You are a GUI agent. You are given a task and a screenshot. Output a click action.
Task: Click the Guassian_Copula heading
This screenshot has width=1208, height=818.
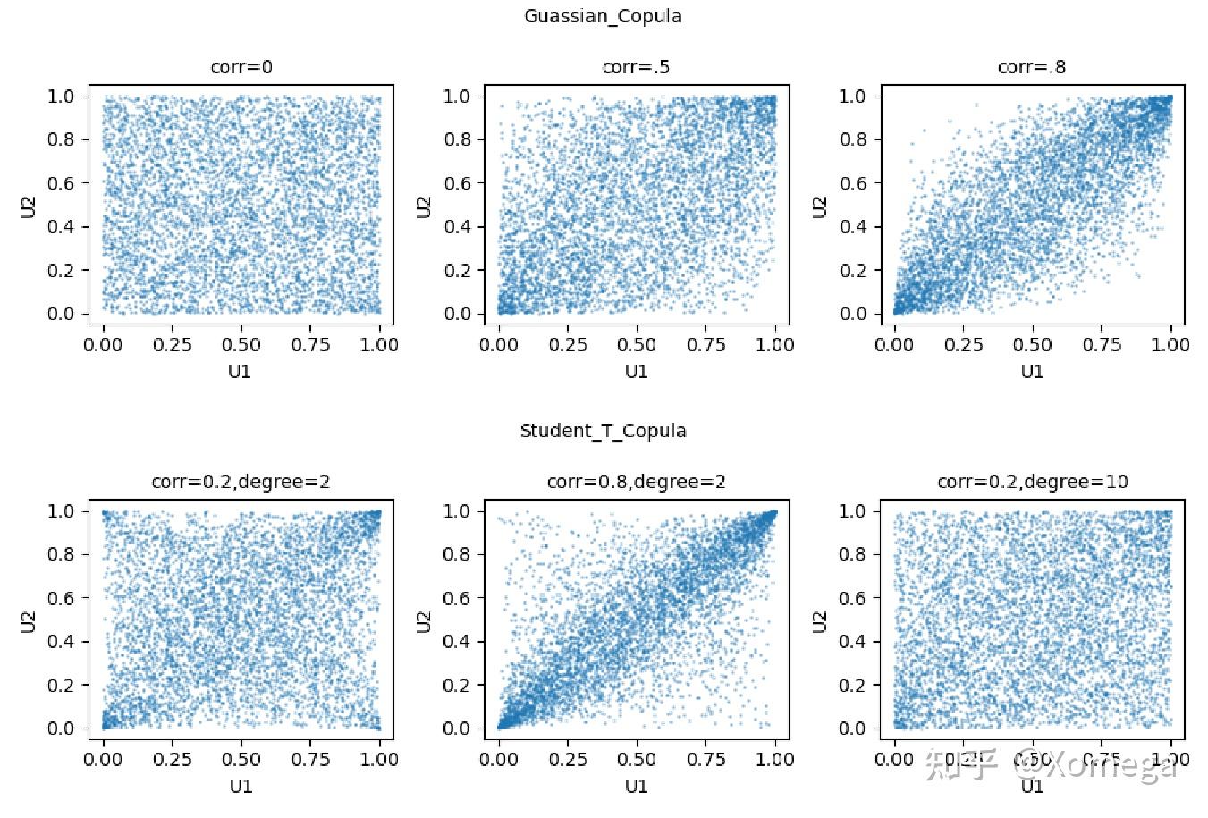tap(603, 16)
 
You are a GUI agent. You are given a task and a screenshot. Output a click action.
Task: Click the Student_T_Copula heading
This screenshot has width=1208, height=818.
tap(603, 431)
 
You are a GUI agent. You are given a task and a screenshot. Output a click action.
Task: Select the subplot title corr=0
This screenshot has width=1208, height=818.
tap(241, 67)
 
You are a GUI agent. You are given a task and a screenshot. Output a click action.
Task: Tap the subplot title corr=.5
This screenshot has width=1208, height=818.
tap(636, 67)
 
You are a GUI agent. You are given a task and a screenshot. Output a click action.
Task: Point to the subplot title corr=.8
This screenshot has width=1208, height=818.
tap(1032, 67)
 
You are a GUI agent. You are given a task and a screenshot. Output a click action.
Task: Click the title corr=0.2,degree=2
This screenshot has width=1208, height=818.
tap(241, 482)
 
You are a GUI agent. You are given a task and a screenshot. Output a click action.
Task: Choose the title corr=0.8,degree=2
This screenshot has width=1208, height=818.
tap(636, 482)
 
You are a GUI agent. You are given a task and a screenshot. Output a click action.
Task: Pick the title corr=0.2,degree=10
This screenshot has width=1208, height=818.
tap(1032, 482)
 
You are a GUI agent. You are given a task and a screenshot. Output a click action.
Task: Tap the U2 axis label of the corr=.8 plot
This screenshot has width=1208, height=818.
tap(821, 206)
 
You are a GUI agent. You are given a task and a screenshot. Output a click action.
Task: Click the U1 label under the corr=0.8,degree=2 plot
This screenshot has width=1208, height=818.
tap(636, 786)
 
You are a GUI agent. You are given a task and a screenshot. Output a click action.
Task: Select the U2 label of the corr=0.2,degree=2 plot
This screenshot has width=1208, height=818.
tap(30, 620)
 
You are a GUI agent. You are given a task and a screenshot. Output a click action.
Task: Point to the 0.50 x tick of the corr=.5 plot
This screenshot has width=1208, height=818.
tap(637, 345)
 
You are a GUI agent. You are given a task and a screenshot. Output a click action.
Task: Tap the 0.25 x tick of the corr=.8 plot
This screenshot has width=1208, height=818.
tap(963, 345)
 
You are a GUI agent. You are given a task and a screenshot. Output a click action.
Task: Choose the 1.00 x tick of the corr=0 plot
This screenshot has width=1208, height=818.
tap(379, 345)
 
